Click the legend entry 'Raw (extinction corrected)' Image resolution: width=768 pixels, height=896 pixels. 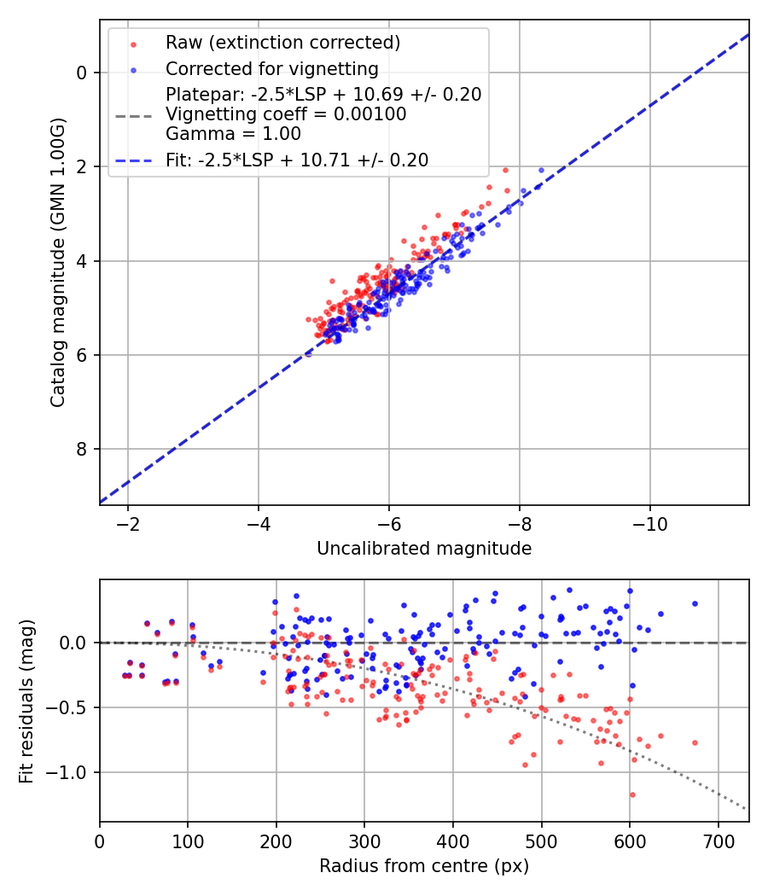tap(282, 43)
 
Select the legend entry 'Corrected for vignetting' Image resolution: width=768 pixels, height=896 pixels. tap(271, 68)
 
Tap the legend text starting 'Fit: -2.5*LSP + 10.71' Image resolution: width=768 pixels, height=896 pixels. tap(297, 160)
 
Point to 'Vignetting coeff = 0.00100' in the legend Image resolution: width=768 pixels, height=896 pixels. tap(286, 114)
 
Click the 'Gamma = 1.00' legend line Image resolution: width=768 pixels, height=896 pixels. tap(233, 133)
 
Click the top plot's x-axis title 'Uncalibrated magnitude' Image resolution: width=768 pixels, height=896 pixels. tap(424, 549)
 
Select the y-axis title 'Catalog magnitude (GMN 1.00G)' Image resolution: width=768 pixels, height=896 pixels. tap(57, 261)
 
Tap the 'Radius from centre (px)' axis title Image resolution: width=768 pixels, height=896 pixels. tap(424, 866)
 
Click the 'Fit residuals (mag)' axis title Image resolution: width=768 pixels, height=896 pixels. tap(26, 701)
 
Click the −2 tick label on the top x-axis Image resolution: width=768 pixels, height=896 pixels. tap(128, 522)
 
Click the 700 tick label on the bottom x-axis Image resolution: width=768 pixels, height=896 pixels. tap(718, 840)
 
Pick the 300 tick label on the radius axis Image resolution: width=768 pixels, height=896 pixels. tap(364, 840)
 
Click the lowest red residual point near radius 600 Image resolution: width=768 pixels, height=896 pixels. tap(632, 794)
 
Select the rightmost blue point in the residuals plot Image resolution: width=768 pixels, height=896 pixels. tap(695, 603)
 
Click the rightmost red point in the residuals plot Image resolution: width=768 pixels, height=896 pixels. tap(695, 742)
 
